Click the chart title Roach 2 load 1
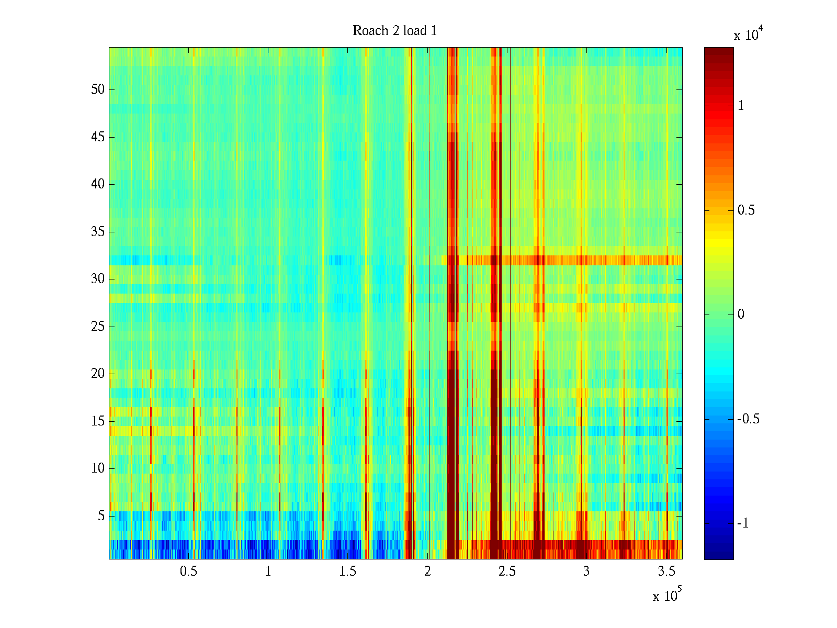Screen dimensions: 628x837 (x=395, y=31)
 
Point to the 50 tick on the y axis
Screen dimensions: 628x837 (x=98, y=89)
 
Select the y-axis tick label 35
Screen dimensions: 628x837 (x=98, y=232)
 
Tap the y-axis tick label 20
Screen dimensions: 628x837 (x=98, y=374)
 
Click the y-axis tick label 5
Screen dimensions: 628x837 (x=101, y=516)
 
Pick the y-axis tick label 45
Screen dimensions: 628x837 (x=98, y=137)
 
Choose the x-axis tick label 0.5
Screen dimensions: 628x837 (x=188, y=571)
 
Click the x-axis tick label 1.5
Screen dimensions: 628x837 (x=347, y=571)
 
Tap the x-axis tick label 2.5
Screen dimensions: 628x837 (x=506, y=571)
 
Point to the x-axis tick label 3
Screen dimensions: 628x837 (x=586, y=571)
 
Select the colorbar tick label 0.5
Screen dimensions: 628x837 (x=746, y=210)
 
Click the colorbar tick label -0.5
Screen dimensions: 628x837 (x=748, y=419)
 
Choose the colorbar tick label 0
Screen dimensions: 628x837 (x=741, y=315)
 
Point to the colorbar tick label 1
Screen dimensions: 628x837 (x=741, y=106)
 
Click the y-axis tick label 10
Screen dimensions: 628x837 (x=98, y=468)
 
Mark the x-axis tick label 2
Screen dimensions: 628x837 (x=427, y=571)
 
